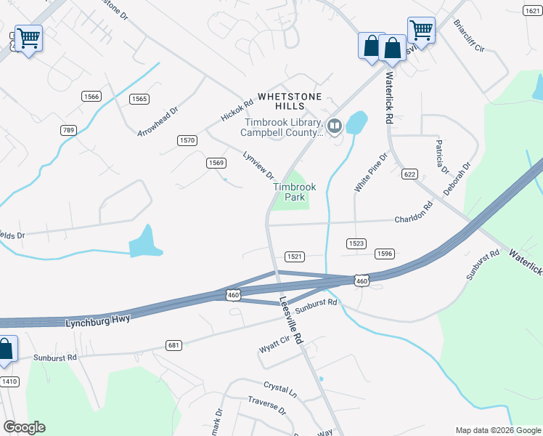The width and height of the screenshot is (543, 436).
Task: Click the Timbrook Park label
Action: click(x=294, y=192)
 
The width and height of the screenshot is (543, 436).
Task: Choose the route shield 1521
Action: click(x=294, y=257)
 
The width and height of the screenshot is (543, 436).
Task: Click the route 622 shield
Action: click(x=410, y=174)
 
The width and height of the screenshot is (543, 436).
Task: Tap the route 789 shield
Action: click(x=68, y=129)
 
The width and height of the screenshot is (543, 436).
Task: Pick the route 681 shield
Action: click(x=173, y=344)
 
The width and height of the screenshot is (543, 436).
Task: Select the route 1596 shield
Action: click(x=385, y=254)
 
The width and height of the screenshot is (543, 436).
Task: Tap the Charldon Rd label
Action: click(x=413, y=217)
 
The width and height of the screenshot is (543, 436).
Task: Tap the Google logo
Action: click(x=24, y=427)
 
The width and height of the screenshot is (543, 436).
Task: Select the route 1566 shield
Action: click(x=91, y=97)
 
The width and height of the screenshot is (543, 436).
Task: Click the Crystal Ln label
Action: click(x=280, y=389)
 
